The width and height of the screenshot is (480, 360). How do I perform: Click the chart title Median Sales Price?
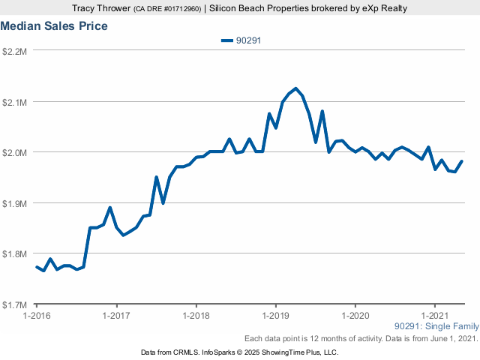pos(54,26)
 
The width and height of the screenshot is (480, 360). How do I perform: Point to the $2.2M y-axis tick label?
pos(16,51)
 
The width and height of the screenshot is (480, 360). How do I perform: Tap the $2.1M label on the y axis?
pos(16,102)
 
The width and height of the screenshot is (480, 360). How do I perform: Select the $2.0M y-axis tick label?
pos(16,152)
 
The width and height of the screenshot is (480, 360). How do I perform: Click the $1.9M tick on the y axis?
pos(16,203)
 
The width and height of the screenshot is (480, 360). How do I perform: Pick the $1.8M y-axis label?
pos(16,254)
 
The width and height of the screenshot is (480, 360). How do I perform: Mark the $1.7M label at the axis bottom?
pos(16,305)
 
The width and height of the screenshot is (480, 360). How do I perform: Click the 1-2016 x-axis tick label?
pos(36,316)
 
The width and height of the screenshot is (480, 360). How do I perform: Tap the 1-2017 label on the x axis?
pos(115,316)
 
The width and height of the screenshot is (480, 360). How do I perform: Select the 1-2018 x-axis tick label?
pos(196,316)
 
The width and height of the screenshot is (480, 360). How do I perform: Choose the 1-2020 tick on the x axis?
pos(355,316)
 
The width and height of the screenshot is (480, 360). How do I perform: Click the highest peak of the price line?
pos(295,88)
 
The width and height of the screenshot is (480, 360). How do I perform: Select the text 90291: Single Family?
pos(436,327)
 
